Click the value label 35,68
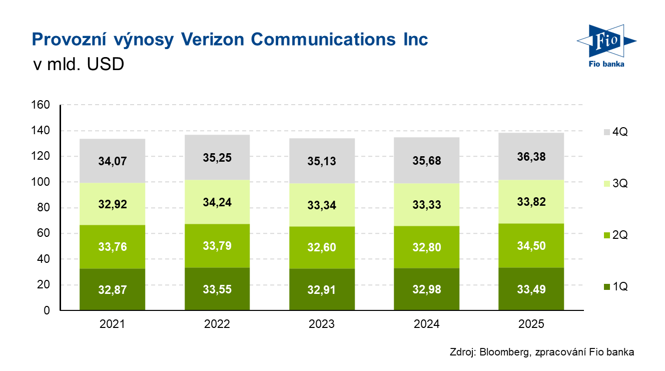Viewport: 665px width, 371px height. [x=427, y=161]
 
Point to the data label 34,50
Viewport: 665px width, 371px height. [x=531, y=246]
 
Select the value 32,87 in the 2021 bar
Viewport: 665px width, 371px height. [x=112, y=290]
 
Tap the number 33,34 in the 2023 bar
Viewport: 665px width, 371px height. [x=322, y=205]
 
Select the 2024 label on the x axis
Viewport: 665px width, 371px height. [x=427, y=324]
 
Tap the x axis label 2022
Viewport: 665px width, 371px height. [x=217, y=324]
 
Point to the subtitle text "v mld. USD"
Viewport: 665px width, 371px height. [x=78, y=65]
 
